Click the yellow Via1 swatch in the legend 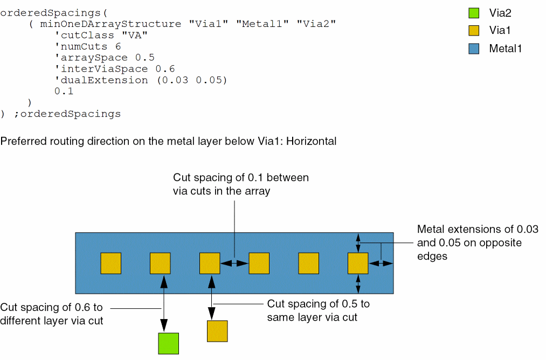pyautogui.click(x=474, y=30)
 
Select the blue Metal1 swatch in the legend pyautogui.click(x=474, y=49)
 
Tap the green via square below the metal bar pyautogui.click(x=168, y=343)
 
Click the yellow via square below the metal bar pyautogui.click(x=217, y=331)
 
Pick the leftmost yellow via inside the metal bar pyautogui.click(x=111, y=263)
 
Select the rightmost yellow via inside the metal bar pyautogui.click(x=358, y=263)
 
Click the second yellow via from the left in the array pyautogui.click(x=160, y=263)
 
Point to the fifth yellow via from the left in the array pyautogui.click(x=309, y=263)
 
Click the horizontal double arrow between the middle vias pyautogui.click(x=234, y=263)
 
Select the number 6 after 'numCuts pyautogui.click(x=118, y=46)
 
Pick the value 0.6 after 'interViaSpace pyautogui.click(x=165, y=69)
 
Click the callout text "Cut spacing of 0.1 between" pyautogui.click(x=241, y=178)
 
